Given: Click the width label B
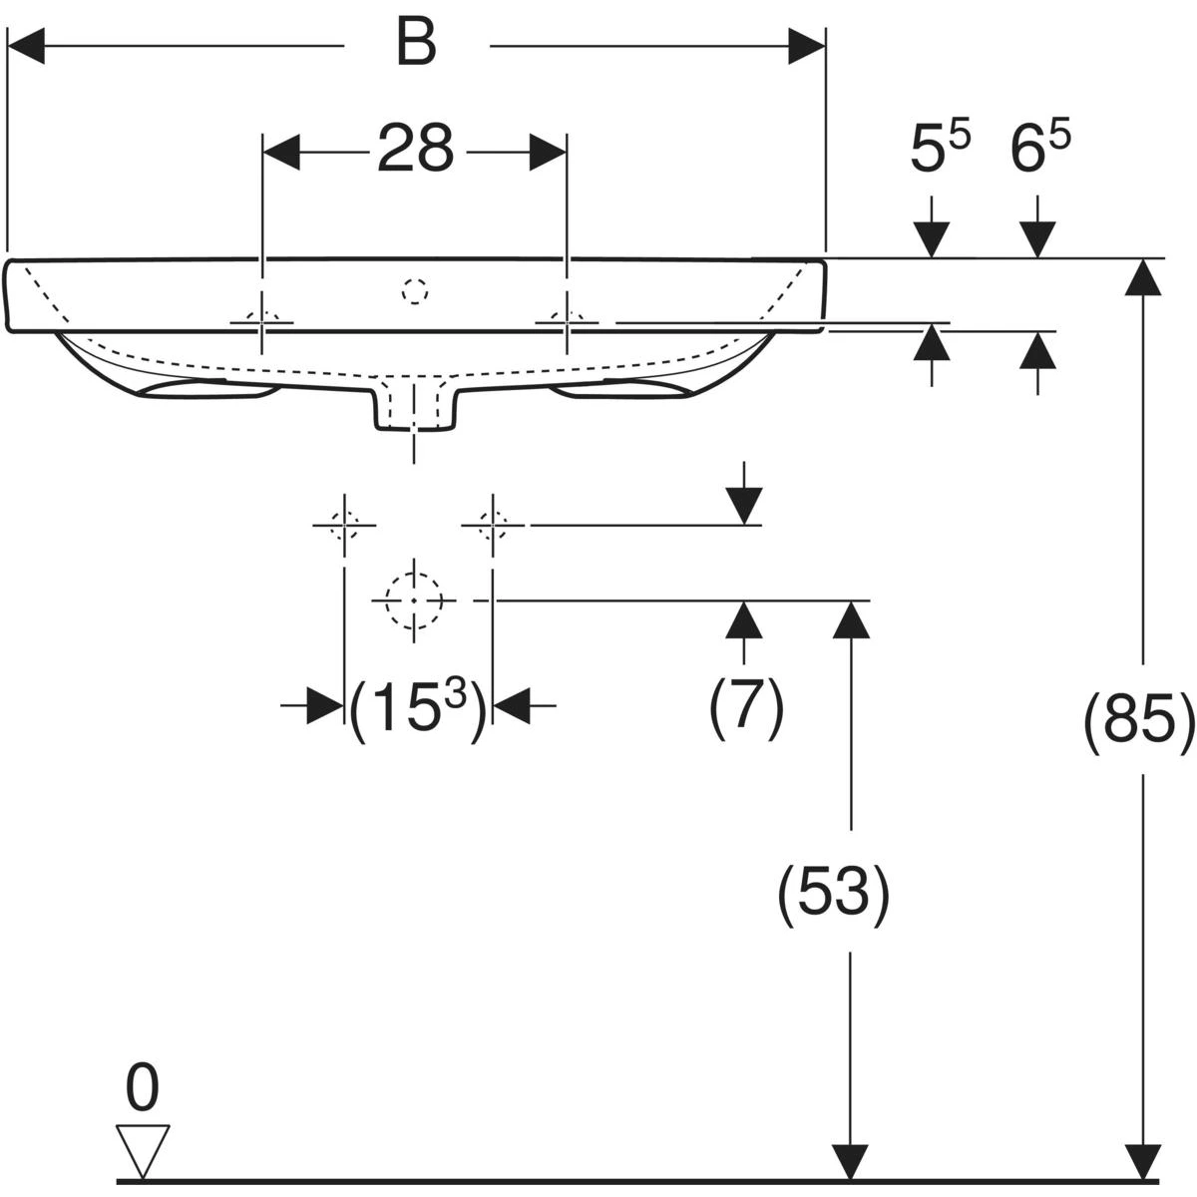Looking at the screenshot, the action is pyautogui.click(x=416, y=45).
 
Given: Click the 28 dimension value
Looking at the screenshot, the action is pyautogui.click(x=416, y=149).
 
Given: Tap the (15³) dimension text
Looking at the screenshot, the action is pyautogui.click(x=417, y=710).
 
